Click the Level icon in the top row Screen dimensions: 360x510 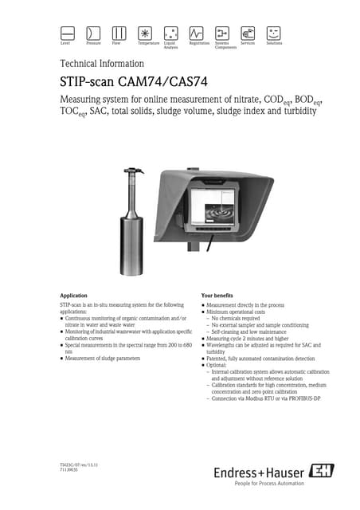pyautogui.click(x=68, y=33)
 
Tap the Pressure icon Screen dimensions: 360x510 pyautogui.click(x=93, y=33)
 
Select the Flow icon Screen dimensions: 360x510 pyautogui.click(x=119, y=33)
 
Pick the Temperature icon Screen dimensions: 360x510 pyautogui.click(x=145, y=33)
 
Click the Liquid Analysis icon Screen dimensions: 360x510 pyautogui.click(x=170, y=33)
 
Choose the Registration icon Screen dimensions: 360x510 pyautogui.click(x=197, y=33)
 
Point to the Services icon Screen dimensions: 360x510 pyautogui.click(x=248, y=33)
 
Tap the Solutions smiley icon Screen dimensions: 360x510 pyautogui.click(x=274, y=33)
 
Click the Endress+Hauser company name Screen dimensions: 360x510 pyautogui.click(x=259, y=473)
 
